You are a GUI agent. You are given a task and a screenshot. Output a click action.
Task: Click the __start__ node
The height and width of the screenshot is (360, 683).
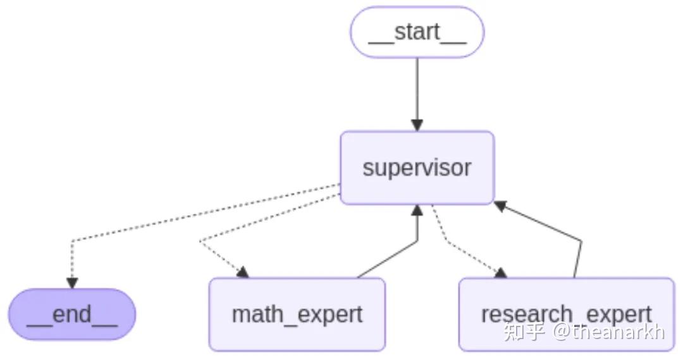tap(417, 32)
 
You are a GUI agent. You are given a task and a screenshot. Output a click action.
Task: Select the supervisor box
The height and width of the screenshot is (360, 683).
tap(417, 168)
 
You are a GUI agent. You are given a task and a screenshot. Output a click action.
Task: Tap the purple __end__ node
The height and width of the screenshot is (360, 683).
tap(72, 314)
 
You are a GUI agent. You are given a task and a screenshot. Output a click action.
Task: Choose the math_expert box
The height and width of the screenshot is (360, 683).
tap(297, 314)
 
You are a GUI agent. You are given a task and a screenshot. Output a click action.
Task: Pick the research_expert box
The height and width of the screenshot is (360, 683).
tap(566, 314)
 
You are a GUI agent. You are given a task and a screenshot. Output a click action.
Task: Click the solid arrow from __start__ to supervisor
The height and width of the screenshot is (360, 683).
tap(417, 89)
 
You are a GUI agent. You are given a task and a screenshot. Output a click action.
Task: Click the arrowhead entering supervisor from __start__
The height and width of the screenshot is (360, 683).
tap(417, 125)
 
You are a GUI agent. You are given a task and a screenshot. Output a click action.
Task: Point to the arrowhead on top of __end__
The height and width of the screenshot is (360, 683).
tap(72, 283)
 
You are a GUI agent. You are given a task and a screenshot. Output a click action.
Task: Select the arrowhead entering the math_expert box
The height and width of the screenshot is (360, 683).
tap(242, 273)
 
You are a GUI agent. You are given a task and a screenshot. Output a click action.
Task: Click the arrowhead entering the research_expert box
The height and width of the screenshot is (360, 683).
tap(501, 273)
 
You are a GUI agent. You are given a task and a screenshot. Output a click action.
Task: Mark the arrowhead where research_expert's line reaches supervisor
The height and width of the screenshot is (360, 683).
tap(501, 205)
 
